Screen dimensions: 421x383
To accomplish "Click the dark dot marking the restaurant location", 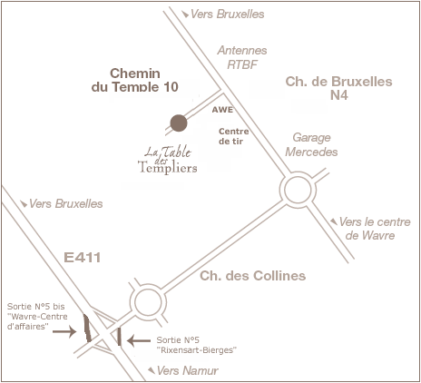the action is (179, 123).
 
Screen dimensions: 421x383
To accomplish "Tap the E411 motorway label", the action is (83, 258).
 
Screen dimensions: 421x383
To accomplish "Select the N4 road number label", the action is (338, 95).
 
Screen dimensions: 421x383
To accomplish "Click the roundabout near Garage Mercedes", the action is (298, 172).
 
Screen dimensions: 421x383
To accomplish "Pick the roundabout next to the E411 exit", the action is (148, 285).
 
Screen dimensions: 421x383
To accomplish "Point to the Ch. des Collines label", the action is (253, 276).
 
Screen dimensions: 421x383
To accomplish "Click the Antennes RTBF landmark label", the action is (242, 57).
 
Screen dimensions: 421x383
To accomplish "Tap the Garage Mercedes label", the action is (311, 144).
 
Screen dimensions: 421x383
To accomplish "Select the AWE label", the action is (222, 110).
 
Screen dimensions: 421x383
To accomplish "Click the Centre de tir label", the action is (234, 136).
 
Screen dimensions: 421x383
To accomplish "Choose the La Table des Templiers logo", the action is (168, 160).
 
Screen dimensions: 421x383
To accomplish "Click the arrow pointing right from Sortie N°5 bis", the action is (64, 331).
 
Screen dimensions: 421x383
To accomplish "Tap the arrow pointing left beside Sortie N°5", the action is (139, 340).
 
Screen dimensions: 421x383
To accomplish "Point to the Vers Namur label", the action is (188, 370).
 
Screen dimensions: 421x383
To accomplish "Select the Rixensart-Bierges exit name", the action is (197, 350).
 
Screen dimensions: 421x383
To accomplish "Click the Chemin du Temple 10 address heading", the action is (135, 80).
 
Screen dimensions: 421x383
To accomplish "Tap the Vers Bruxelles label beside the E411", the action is (66, 204).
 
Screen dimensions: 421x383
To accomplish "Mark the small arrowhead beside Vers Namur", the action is (152, 370).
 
